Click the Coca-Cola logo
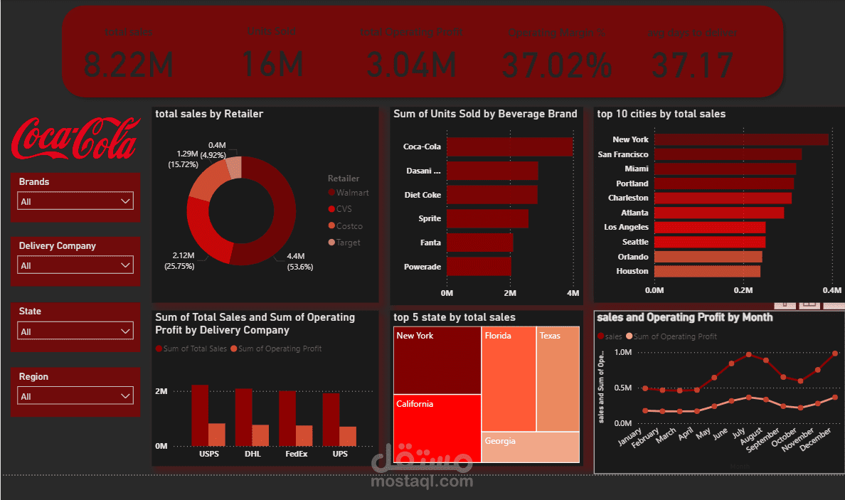[75, 138]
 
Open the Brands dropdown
[75, 201]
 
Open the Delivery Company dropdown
[75, 265]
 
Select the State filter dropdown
[75, 331]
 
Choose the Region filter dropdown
[75, 396]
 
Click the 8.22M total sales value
[129, 65]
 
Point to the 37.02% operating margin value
[556, 65]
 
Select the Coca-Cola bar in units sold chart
[509, 147]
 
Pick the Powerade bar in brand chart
[479, 267]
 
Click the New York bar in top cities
[740, 139]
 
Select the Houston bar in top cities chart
[707, 271]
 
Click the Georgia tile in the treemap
[530, 447]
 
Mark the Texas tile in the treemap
[558, 379]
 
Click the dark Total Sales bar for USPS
[200, 415]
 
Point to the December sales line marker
[834, 353]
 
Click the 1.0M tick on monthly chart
[622, 353]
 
